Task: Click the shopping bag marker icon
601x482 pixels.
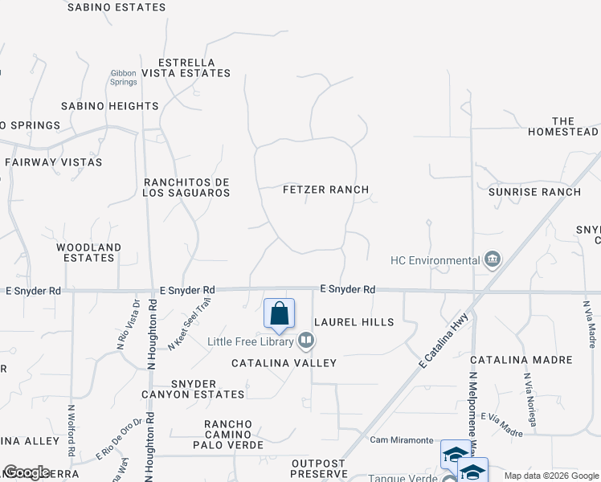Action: click(279, 313)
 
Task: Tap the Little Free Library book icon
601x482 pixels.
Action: click(305, 341)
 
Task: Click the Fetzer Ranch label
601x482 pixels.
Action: click(325, 190)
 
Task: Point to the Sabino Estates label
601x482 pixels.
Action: click(117, 7)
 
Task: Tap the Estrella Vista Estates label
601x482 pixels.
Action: click(186, 67)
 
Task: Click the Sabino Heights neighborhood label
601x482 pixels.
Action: click(110, 106)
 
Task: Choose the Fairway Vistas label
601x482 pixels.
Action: click(54, 162)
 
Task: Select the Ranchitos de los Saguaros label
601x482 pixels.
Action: click(186, 187)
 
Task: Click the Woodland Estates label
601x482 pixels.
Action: click(88, 253)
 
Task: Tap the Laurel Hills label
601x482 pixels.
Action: click(354, 322)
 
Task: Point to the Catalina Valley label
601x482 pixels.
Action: click(284, 363)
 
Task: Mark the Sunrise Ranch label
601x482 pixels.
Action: click(534, 192)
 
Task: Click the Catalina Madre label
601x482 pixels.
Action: click(521, 360)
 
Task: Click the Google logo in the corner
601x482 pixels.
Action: click(27, 472)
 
